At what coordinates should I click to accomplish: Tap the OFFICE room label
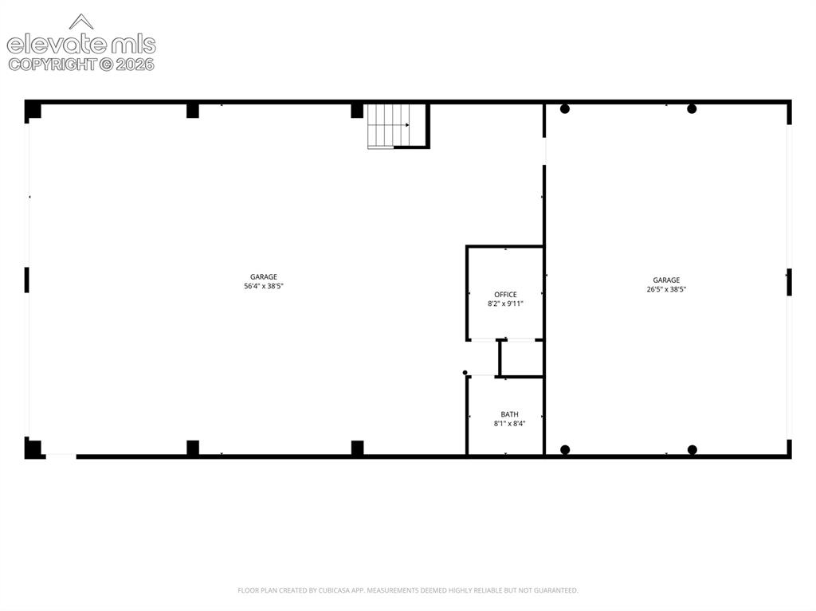(x=505, y=295)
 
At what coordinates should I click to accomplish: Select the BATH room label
(x=509, y=414)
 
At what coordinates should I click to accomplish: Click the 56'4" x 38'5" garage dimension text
(x=263, y=286)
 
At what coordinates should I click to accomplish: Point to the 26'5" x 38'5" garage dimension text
(x=666, y=289)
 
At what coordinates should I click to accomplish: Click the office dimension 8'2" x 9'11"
(x=505, y=304)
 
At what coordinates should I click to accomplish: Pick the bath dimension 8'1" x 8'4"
(x=509, y=424)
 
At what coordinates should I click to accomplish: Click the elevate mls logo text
(x=81, y=45)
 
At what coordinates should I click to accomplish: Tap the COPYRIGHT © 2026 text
(x=81, y=65)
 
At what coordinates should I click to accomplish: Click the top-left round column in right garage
(x=565, y=109)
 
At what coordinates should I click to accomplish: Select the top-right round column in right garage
(x=692, y=109)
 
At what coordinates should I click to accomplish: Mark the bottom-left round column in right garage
(x=565, y=449)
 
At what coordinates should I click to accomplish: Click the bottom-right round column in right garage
(x=692, y=449)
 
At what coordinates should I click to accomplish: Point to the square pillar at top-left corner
(x=33, y=110)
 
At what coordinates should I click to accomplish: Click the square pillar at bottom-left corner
(x=33, y=448)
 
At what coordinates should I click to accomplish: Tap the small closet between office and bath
(x=521, y=358)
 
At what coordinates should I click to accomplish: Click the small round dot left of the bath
(x=465, y=373)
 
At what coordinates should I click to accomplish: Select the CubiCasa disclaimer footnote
(x=407, y=590)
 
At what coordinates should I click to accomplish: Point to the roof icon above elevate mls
(x=81, y=22)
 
